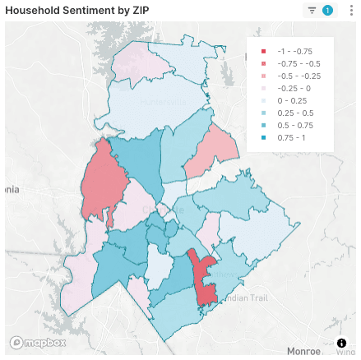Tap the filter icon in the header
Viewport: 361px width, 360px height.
[x=312, y=11]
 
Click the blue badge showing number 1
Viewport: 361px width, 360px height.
[x=327, y=11]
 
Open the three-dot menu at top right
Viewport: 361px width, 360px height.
[x=351, y=11]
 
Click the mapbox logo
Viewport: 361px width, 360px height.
[x=30, y=342]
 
